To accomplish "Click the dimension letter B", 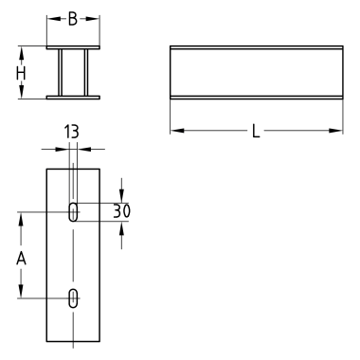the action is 73,19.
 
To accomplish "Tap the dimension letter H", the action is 21,74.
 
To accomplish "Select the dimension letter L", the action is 256,131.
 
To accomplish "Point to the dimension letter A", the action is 21,259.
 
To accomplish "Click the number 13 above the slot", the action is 72,132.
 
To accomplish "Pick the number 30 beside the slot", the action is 121,211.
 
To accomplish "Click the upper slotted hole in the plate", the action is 73,211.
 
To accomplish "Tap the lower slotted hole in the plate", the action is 73,297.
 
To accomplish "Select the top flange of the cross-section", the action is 73,47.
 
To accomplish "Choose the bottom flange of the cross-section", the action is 73,98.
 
